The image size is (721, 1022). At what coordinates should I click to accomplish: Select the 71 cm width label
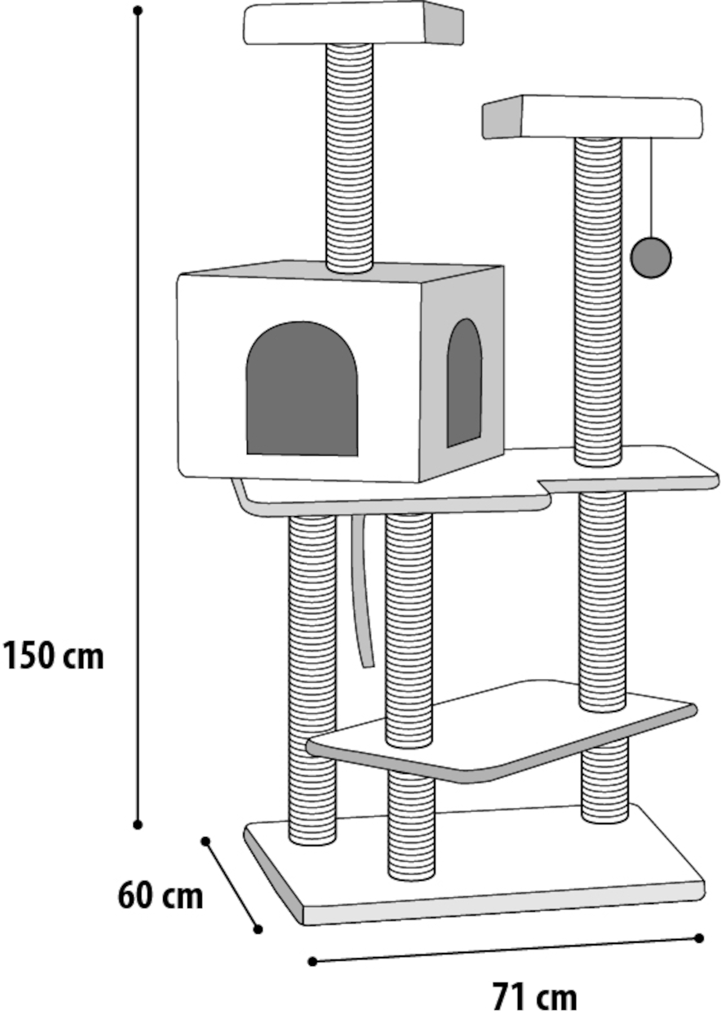tap(534, 996)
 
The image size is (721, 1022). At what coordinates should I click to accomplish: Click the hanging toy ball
tap(650, 258)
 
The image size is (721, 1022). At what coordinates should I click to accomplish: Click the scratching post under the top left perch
tap(349, 158)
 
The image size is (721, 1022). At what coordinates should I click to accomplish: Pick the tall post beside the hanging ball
tap(598, 301)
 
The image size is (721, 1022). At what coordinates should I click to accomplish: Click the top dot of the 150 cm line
tap(138, 10)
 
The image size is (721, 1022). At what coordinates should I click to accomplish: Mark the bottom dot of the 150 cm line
tap(138, 825)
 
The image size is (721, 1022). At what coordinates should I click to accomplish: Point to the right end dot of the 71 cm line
tap(699, 938)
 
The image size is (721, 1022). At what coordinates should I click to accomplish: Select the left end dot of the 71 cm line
tap(312, 962)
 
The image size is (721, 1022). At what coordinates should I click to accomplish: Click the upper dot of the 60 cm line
tap(206, 841)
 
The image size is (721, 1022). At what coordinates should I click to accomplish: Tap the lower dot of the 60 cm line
tap(258, 929)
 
